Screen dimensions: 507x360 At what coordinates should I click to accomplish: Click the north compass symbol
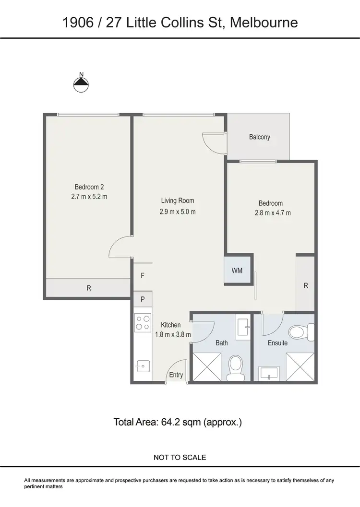(81, 84)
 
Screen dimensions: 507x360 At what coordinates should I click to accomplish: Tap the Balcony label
(259, 137)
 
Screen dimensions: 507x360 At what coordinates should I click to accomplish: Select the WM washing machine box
(237, 271)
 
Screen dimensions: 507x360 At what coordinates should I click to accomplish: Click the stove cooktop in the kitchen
(142, 322)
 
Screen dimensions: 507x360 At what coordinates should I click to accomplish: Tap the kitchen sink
(143, 366)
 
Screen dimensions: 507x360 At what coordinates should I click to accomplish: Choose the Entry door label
(176, 375)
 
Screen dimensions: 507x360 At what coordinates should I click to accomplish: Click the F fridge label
(143, 276)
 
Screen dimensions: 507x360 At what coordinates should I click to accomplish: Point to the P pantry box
(143, 299)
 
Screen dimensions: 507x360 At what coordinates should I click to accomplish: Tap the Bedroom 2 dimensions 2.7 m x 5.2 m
(89, 196)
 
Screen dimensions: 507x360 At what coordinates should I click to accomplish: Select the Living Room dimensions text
(178, 212)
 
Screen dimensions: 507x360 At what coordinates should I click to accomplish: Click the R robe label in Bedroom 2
(89, 288)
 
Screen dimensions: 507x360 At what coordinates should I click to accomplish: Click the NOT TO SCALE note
(180, 458)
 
